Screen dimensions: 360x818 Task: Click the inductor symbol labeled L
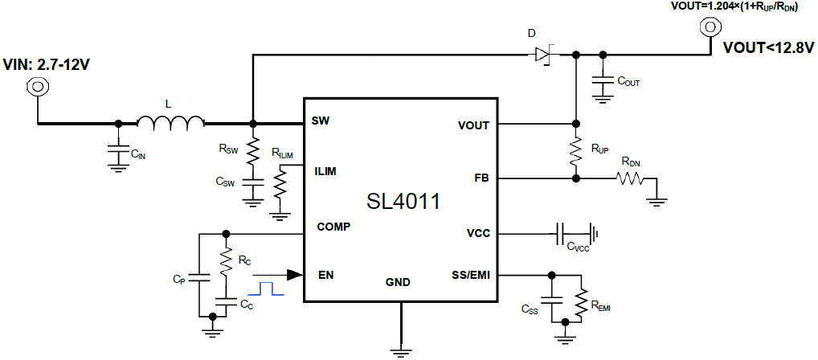point(170,123)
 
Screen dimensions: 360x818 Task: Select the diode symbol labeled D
point(543,55)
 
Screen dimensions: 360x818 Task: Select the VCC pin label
point(480,234)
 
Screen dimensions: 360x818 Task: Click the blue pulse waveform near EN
point(266,287)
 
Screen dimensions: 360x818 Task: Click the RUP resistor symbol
point(575,150)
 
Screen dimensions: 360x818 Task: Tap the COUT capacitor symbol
point(600,80)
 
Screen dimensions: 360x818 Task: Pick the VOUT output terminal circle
point(710,27)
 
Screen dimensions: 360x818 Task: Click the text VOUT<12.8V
point(768,47)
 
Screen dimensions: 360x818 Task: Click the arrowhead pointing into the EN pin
point(294,275)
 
